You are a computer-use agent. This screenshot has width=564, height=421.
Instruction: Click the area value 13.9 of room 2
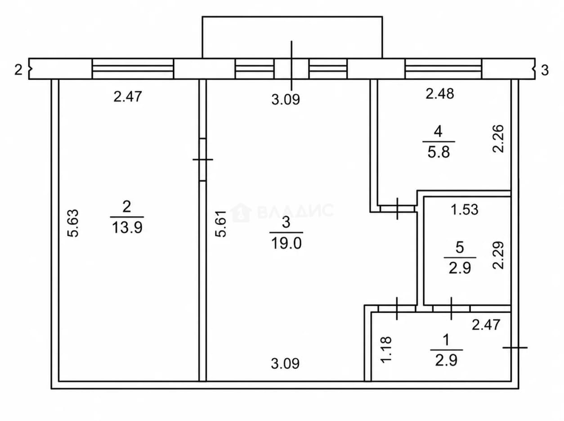(127, 227)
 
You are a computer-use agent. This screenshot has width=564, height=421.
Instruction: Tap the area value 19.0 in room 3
(286, 243)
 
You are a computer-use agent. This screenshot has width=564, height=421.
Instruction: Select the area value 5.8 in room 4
(439, 152)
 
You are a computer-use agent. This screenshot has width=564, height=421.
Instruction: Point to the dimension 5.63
(73, 223)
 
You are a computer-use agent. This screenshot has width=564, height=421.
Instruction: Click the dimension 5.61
(221, 224)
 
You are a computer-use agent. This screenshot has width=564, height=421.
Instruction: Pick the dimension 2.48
(440, 94)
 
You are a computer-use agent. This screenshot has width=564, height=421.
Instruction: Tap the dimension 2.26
(498, 139)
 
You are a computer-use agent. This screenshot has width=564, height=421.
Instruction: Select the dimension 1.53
(465, 210)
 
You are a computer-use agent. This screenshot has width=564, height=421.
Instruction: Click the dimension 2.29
(498, 255)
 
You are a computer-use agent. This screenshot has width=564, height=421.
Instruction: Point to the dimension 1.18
(386, 349)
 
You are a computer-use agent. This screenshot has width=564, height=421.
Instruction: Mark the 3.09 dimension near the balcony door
(286, 100)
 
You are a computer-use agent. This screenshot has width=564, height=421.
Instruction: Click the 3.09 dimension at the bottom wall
(285, 364)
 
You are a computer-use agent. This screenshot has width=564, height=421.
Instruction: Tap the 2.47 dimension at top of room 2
(127, 97)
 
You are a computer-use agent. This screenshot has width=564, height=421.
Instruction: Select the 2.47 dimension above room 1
(486, 325)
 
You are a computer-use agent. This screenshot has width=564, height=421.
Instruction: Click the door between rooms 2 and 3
(203, 160)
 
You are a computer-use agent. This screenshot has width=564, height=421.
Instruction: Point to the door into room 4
(397, 208)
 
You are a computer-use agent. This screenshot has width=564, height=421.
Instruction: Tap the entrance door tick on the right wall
(515, 348)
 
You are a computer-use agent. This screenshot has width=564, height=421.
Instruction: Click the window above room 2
(133, 68)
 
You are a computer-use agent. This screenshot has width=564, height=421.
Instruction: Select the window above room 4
(443, 68)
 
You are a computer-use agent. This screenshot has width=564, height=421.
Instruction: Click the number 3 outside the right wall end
(545, 70)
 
